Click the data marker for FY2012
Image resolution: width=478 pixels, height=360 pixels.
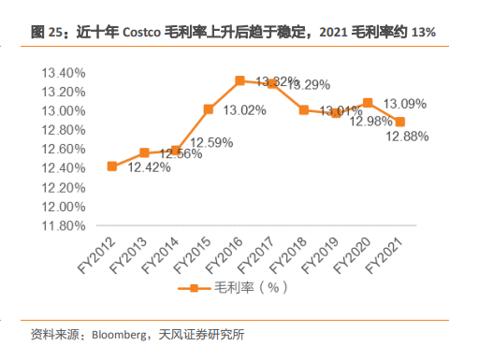[112, 166]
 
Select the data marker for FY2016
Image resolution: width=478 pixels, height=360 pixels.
[240, 80]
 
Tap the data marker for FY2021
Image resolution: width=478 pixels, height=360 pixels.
[400, 122]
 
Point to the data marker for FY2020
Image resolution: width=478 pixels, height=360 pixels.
[368, 102]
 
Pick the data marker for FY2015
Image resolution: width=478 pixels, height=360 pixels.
[209, 109]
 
